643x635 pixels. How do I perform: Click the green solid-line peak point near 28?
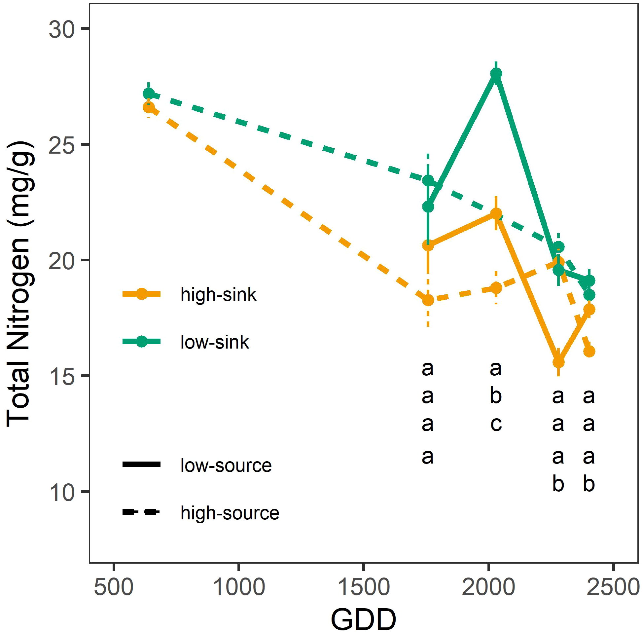[x=496, y=74]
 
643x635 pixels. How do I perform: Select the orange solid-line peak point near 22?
[x=496, y=213]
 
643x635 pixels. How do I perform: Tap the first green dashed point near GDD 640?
[x=149, y=94]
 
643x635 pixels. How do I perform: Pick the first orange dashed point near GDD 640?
[x=149, y=108]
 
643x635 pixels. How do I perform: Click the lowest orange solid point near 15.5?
[x=558, y=362]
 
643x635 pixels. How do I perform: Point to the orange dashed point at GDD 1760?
[x=428, y=300]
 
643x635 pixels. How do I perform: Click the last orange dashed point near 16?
[x=589, y=352]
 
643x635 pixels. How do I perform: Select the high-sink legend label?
[x=218, y=295]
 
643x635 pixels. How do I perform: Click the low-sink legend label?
[x=215, y=342]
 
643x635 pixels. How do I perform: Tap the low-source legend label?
[x=226, y=466]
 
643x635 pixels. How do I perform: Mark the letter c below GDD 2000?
[x=496, y=424]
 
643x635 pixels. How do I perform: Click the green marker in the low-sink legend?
[x=142, y=342]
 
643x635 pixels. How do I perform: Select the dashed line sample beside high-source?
[x=142, y=512]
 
